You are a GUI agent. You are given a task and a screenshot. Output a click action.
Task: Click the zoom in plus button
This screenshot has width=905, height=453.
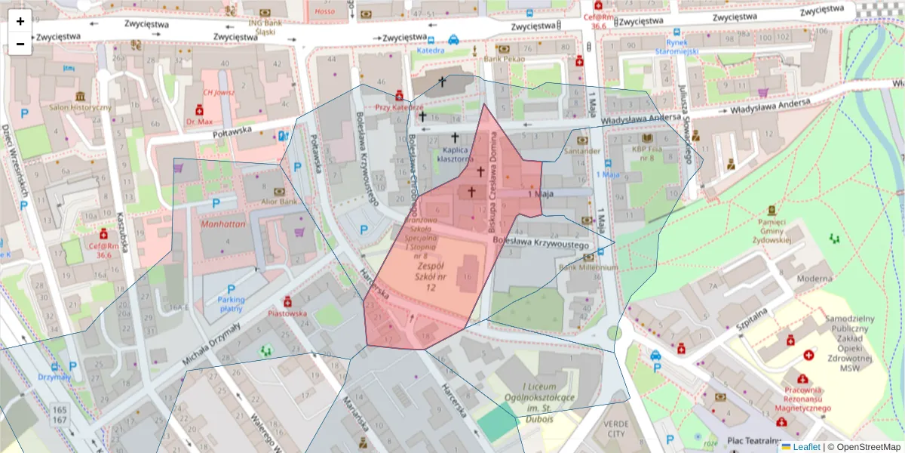20,21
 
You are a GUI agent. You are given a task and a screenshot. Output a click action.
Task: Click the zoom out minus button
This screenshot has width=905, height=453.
20,44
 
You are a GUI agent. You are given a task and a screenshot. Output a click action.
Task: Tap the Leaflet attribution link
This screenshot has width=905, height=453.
806,447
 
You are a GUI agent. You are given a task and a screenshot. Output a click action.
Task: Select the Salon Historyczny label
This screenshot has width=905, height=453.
81,107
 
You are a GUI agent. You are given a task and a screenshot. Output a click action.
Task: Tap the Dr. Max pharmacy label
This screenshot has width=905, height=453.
200,121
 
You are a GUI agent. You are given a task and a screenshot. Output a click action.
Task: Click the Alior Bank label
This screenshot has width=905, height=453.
278,202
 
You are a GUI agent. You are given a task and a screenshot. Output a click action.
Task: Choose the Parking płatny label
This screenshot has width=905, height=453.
231,304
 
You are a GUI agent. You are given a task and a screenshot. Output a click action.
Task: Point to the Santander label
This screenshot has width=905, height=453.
581,150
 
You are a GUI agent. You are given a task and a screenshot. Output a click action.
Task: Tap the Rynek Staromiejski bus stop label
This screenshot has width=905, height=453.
676,47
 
